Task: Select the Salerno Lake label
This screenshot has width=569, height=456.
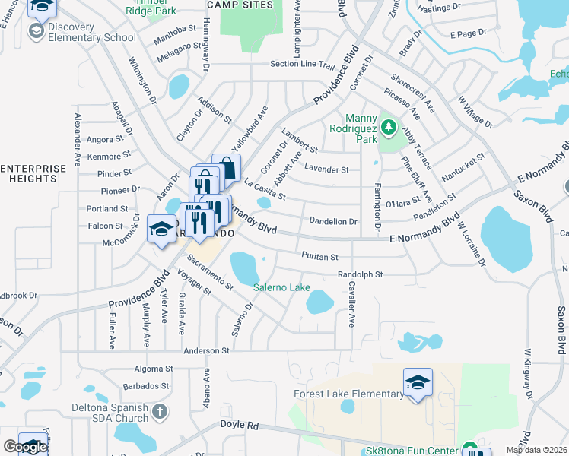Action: click(x=281, y=287)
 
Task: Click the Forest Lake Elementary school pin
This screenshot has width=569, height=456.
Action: click(x=418, y=382)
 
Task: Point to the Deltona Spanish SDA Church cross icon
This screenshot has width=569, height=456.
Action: click(x=159, y=412)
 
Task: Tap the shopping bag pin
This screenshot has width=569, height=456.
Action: click(x=227, y=166)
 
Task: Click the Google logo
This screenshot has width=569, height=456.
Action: click(x=24, y=447)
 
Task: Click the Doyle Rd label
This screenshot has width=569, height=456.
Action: click(x=240, y=425)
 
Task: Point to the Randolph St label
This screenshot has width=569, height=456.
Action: click(x=359, y=274)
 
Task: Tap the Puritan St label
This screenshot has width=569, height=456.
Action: click(x=319, y=256)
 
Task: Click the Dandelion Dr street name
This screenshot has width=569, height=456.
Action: click(x=333, y=221)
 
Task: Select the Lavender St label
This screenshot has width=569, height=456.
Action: click(x=326, y=169)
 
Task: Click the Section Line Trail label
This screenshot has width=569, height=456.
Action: click(x=302, y=65)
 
